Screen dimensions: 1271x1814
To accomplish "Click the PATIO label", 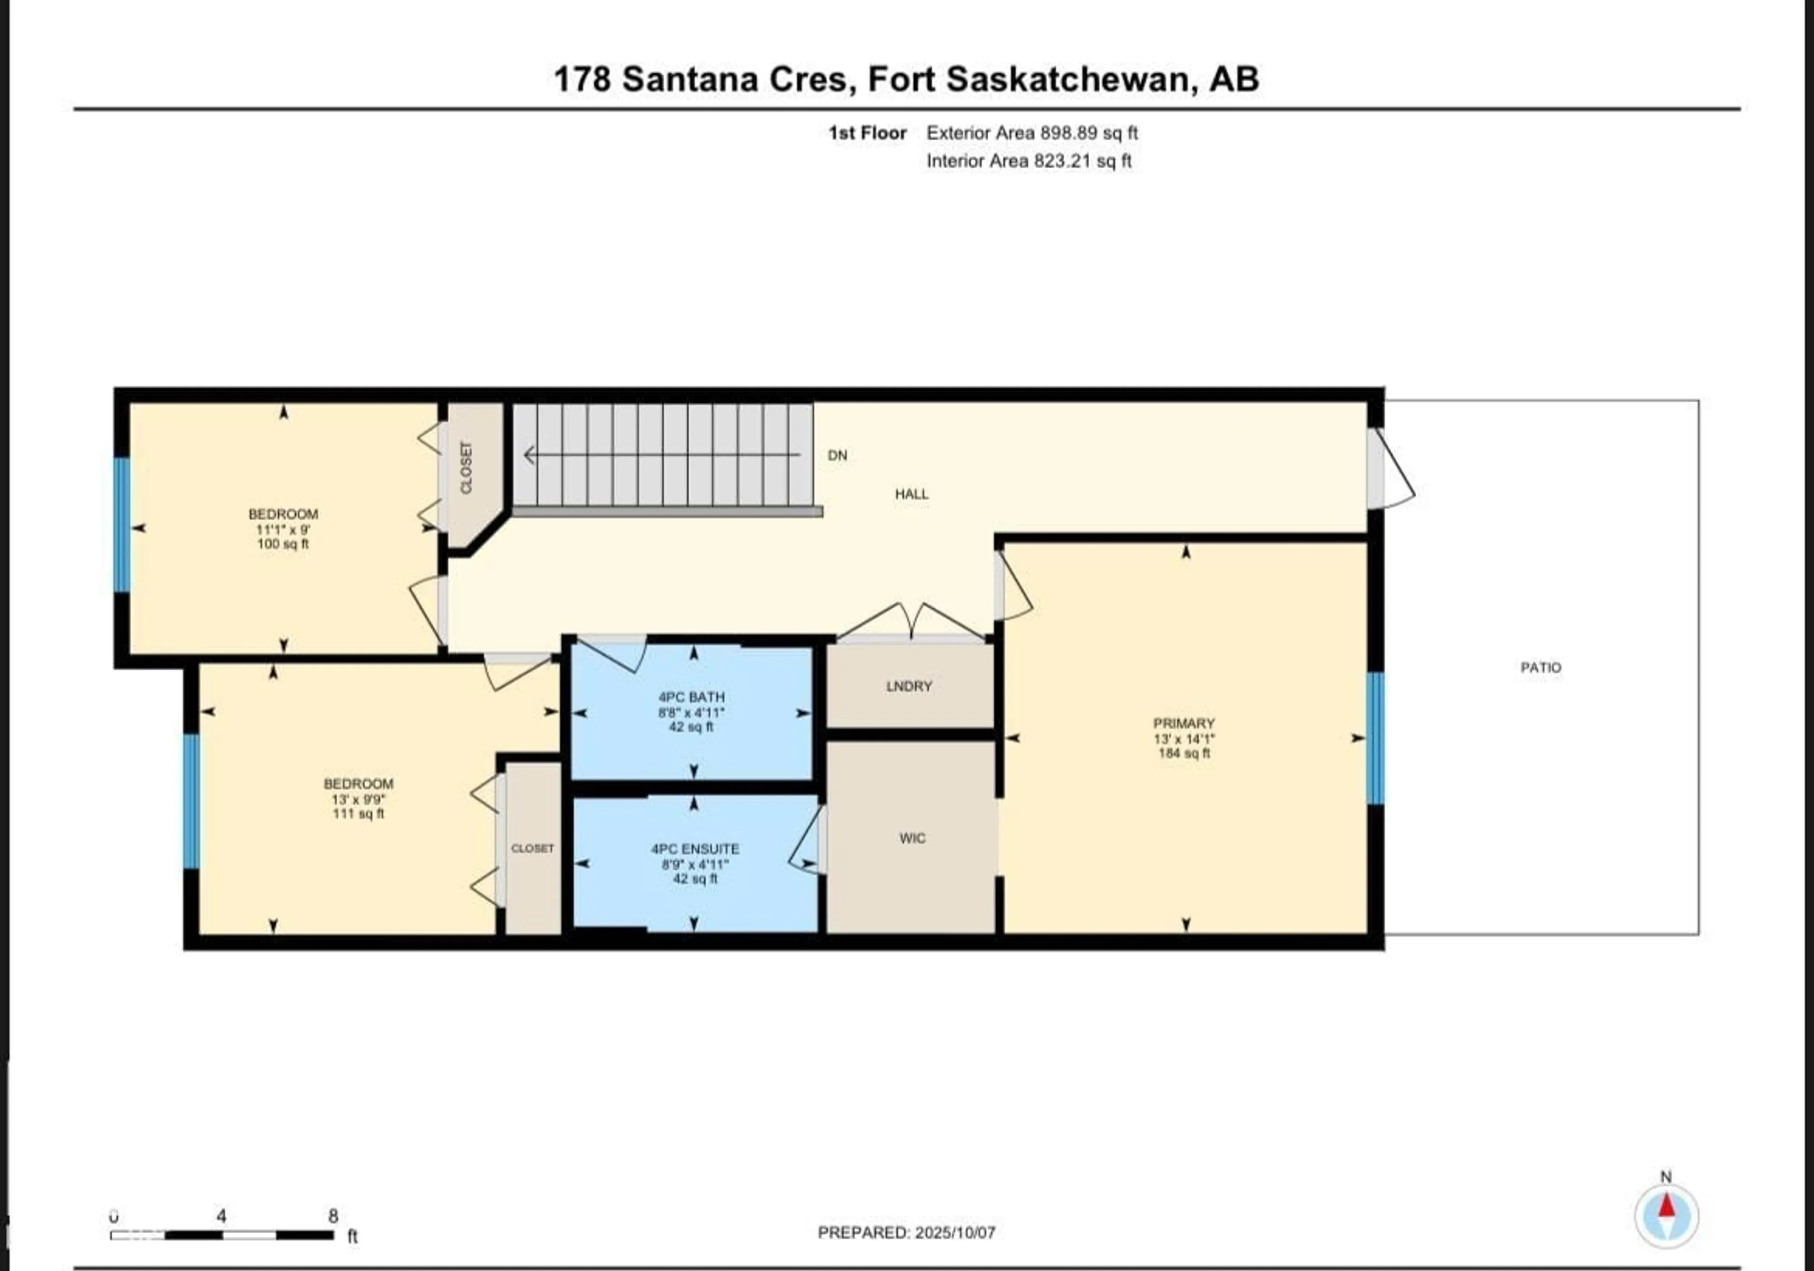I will click(x=1540, y=667).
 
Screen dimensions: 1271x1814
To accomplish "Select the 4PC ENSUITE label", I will click(x=694, y=849).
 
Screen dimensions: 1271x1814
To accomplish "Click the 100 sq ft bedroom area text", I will click(x=283, y=544).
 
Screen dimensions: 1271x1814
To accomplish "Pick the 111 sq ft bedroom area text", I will click(x=358, y=814).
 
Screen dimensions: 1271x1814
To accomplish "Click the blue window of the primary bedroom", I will click(x=1376, y=739).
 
